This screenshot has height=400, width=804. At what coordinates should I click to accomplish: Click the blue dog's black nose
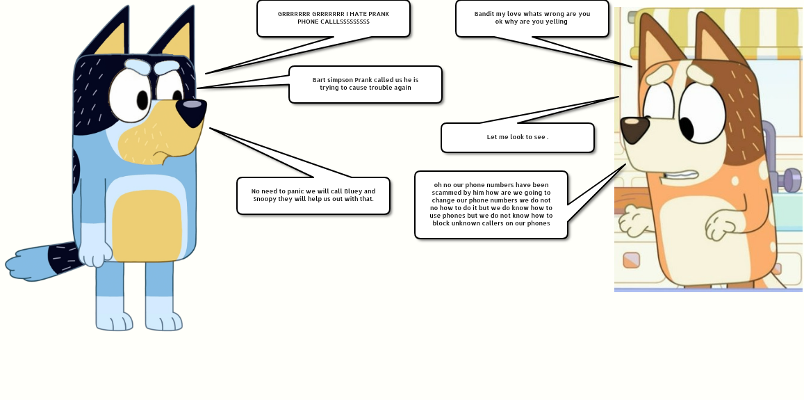tap(191, 108)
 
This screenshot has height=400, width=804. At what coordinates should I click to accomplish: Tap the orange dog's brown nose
tap(634, 129)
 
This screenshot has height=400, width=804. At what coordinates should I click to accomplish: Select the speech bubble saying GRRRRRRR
tap(333, 18)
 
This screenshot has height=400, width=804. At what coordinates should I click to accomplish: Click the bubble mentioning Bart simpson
tap(365, 84)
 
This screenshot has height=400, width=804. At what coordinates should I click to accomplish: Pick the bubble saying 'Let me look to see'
tap(517, 137)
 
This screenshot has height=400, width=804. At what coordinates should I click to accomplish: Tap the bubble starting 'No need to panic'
tap(313, 195)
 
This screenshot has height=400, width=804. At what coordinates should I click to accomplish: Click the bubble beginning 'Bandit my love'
tap(532, 18)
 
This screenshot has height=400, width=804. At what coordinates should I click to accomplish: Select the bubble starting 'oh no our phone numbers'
tap(491, 205)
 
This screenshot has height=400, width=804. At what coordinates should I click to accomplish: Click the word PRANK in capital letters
tap(377, 14)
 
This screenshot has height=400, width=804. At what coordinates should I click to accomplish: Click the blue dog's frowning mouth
tap(161, 154)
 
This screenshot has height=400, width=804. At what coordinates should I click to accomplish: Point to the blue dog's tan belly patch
tap(147, 226)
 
